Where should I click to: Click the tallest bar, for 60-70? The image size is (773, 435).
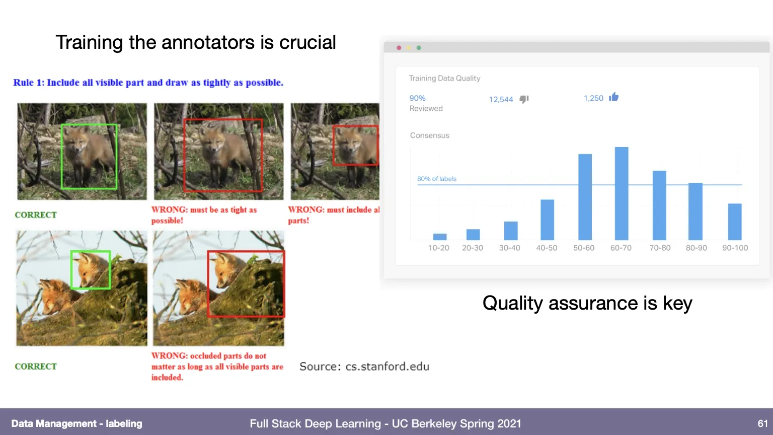pyautogui.click(x=621, y=193)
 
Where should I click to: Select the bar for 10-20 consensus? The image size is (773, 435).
pyautogui.click(x=440, y=237)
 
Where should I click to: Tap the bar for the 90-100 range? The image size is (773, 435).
pyautogui.click(x=735, y=222)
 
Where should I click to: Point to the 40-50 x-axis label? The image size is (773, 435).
pyautogui.click(x=547, y=248)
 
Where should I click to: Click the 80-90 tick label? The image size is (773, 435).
pyautogui.click(x=696, y=248)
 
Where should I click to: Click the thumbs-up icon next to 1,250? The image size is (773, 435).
pyautogui.click(x=613, y=97)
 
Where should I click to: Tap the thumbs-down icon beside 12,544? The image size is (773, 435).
pyautogui.click(x=524, y=99)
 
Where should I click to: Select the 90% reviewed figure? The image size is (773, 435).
pyautogui.click(x=417, y=98)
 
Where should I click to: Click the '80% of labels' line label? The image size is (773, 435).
pyautogui.click(x=436, y=179)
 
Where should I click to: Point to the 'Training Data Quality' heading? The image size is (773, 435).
pyautogui.click(x=444, y=79)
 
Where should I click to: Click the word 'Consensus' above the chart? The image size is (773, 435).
pyautogui.click(x=430, y=135)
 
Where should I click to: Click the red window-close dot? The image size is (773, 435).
pyautogui.click(x=399, y=48)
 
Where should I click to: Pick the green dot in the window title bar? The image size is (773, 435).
pyautogui.click(x=419, y=48)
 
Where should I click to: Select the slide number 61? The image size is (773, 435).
pyautogui.click(x=762, y=423)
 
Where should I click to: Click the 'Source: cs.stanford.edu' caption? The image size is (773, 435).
pyautogui.click(x=364, y=367)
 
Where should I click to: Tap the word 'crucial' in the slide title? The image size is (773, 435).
pyautogui.click(x=307, y=42)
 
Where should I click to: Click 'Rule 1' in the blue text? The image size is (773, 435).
pyautogui.click(x=29, y=83)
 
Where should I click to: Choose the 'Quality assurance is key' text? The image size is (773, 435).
pyautogui.click(x=587, y=303)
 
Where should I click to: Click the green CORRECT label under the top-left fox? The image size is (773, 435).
pyautogui.click(x=36, y=215)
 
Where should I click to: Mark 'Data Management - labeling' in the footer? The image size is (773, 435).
pyautogui.click(x=76, y=423)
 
